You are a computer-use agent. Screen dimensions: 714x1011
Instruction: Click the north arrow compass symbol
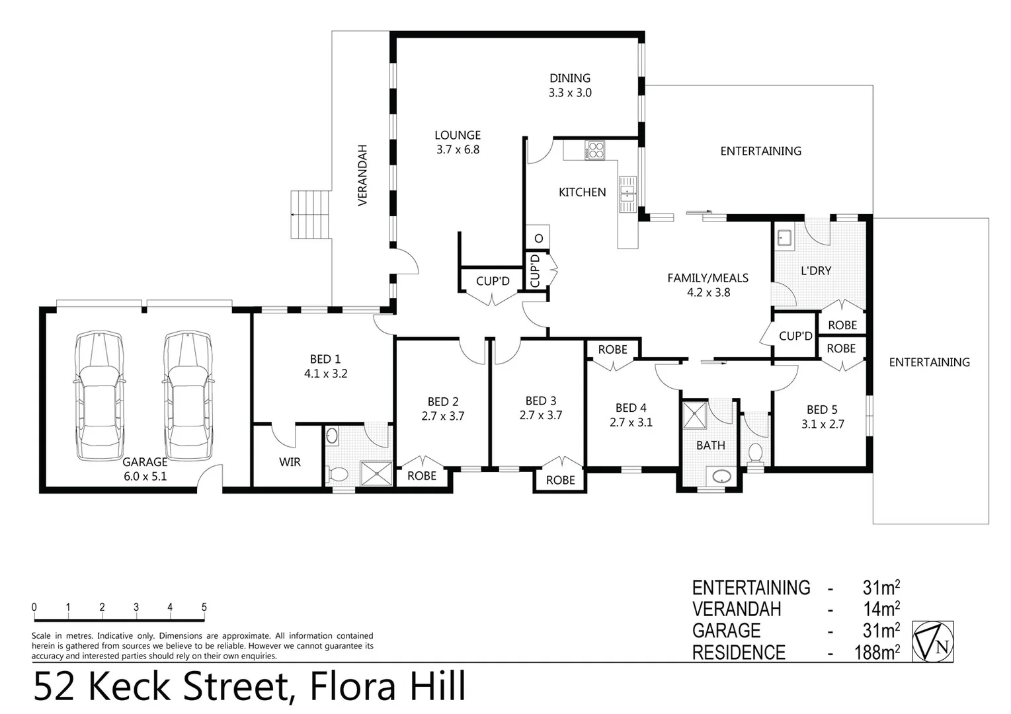point(933,641)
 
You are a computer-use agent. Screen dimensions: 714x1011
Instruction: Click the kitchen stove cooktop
point(595,151)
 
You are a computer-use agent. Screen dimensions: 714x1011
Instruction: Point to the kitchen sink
point(627,194)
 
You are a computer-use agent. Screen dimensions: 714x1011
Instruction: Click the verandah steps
point(310,215)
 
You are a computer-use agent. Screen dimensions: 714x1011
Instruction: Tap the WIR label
point(290,462)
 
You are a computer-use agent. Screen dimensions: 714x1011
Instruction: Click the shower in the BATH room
point(695,415)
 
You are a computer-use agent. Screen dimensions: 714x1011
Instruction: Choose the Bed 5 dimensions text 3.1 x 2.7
point(823,424)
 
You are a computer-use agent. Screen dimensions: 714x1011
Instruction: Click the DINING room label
point(569,78)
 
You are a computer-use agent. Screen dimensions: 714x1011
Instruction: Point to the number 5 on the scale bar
point(204,608)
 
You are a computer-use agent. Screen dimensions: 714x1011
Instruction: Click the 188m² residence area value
point(877,653)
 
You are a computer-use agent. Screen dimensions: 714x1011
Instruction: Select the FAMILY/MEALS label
point(708,278)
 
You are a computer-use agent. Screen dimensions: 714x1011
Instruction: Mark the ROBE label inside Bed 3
point(560,480)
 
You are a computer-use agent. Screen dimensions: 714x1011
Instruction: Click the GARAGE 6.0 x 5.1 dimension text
point(145,475)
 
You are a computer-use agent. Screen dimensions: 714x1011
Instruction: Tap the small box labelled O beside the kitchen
point(538,238)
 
